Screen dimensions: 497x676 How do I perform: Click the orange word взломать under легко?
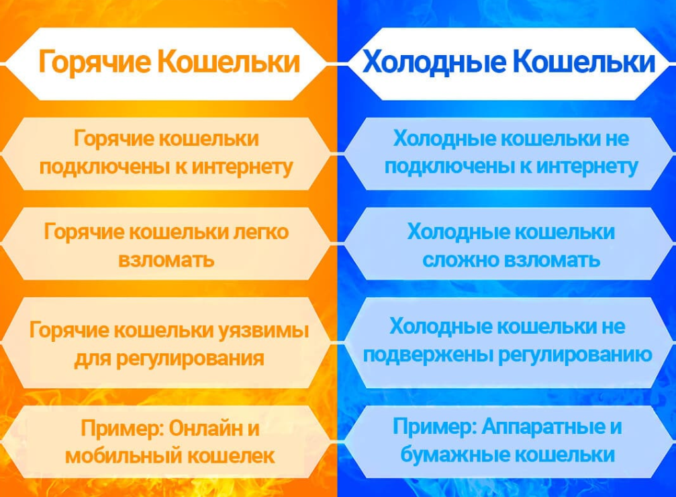[x=166, y=259]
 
